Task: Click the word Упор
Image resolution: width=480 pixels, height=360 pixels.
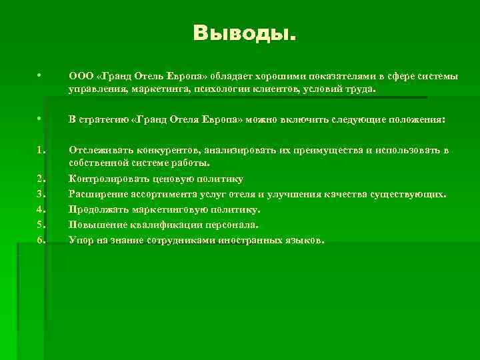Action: pyautogui.click(x=81, y=240)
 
